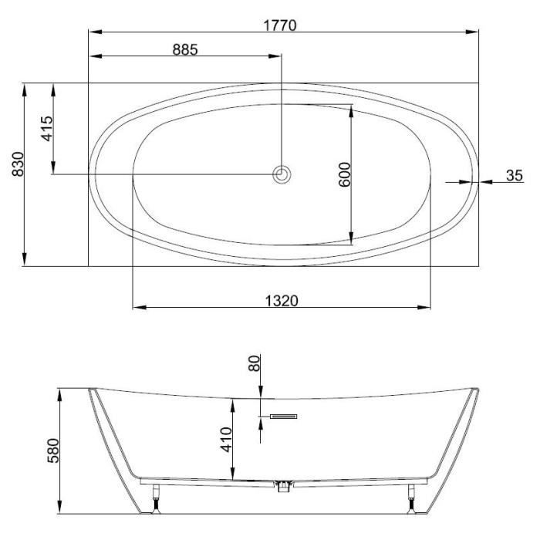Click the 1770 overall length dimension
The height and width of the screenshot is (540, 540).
[x=279, y=25]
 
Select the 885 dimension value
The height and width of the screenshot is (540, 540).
[x=185, y=49]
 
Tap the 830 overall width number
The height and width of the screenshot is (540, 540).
[x=18, y=164]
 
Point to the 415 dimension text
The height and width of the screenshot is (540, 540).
[x=48, y=129]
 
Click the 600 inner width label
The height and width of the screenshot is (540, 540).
[x=344, y=174]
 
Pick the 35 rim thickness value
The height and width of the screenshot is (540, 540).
[x=515, y=175]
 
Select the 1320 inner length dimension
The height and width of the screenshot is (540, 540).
[x=282, y=301]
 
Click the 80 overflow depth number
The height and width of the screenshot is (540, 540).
[x=254, y=363]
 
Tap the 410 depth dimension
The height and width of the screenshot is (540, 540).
[x=226, y=440]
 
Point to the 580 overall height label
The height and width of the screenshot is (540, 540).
[x=53, y=451]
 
